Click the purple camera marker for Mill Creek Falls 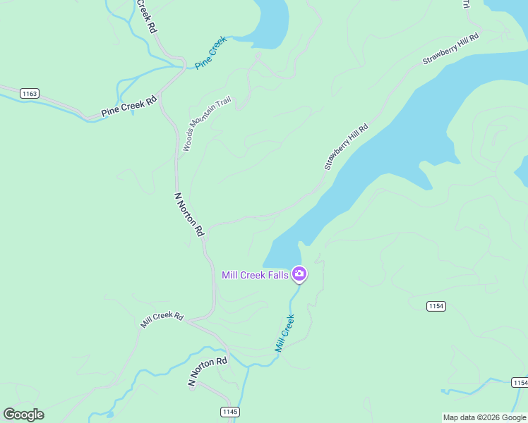[x=299, y=274]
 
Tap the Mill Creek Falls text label [x=255, y=275]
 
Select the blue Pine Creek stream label [x=210, y=53]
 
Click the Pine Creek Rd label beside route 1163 [x=128, y=106]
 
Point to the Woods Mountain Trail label [x=206, y=124]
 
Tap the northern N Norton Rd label [x=189, y=214]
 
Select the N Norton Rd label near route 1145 [x=208, y=371]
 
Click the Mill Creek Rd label [x=162, y=319]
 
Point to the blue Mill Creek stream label [x=284, y=333]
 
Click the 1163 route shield [x=30, y=93]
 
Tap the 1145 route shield [x=230, y=411]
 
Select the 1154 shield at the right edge [x=520, y=382]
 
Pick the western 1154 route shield [x=436, y=305]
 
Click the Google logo [x=23, y=415]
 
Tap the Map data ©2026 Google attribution [x=484, y=417]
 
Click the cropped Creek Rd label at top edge [x=145, y=16]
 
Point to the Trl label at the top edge [x=465, y=4]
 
